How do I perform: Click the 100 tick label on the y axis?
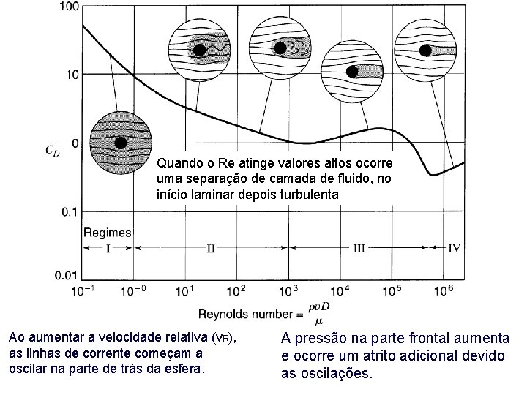[x=68, y=7]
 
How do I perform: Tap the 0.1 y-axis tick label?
[x=70, y=211]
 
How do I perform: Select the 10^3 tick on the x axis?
[x=290, y=290]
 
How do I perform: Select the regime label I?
[x=109, y=247]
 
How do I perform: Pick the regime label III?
[x=359, y=247]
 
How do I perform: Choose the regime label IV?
[x=454, y=247]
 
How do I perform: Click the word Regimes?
[x=107, y=233]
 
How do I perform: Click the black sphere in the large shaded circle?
[x=121, y=143]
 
